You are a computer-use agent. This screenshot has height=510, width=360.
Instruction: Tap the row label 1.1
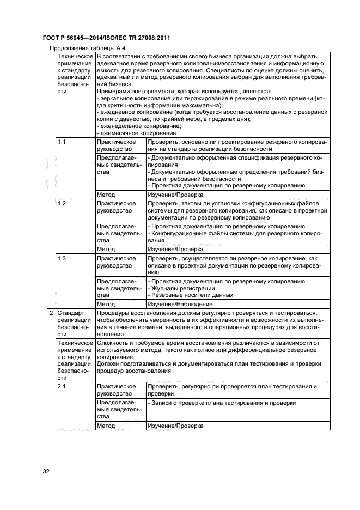pos(62,142)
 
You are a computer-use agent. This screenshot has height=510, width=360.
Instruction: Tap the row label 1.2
pos(62,203)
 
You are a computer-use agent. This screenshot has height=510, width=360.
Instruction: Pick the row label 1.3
pos(62,258)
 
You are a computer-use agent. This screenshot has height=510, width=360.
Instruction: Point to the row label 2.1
pos(62,386)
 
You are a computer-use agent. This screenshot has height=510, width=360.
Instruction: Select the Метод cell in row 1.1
pos(106,194)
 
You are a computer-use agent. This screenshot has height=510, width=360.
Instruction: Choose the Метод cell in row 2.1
pos(106,426)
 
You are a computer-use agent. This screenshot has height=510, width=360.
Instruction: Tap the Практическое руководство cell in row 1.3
pos(116,262)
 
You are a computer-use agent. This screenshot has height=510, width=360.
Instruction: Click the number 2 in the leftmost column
pos(51,313)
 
